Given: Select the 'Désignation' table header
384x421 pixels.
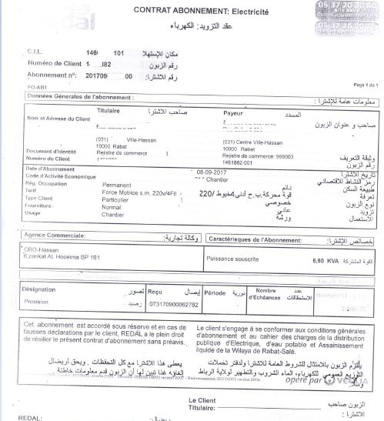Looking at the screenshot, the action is (40, 289).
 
